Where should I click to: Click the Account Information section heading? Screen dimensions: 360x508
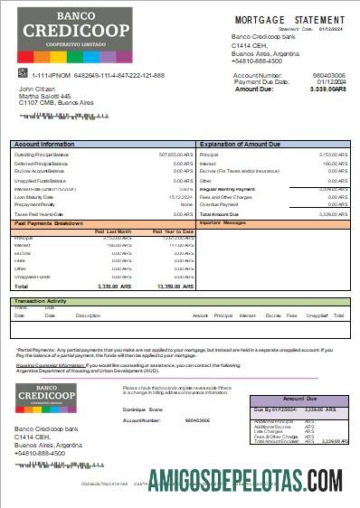[44, 145]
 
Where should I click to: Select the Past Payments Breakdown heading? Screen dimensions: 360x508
[51, 223]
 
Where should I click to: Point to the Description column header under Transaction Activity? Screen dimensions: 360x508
[88, 315]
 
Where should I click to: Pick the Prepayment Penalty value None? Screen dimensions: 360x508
[187, 205]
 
